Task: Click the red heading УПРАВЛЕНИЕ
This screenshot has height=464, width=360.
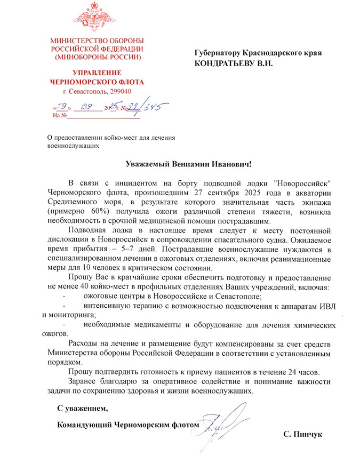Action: (97, 73)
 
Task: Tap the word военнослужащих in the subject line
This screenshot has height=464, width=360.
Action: (73, 145)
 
